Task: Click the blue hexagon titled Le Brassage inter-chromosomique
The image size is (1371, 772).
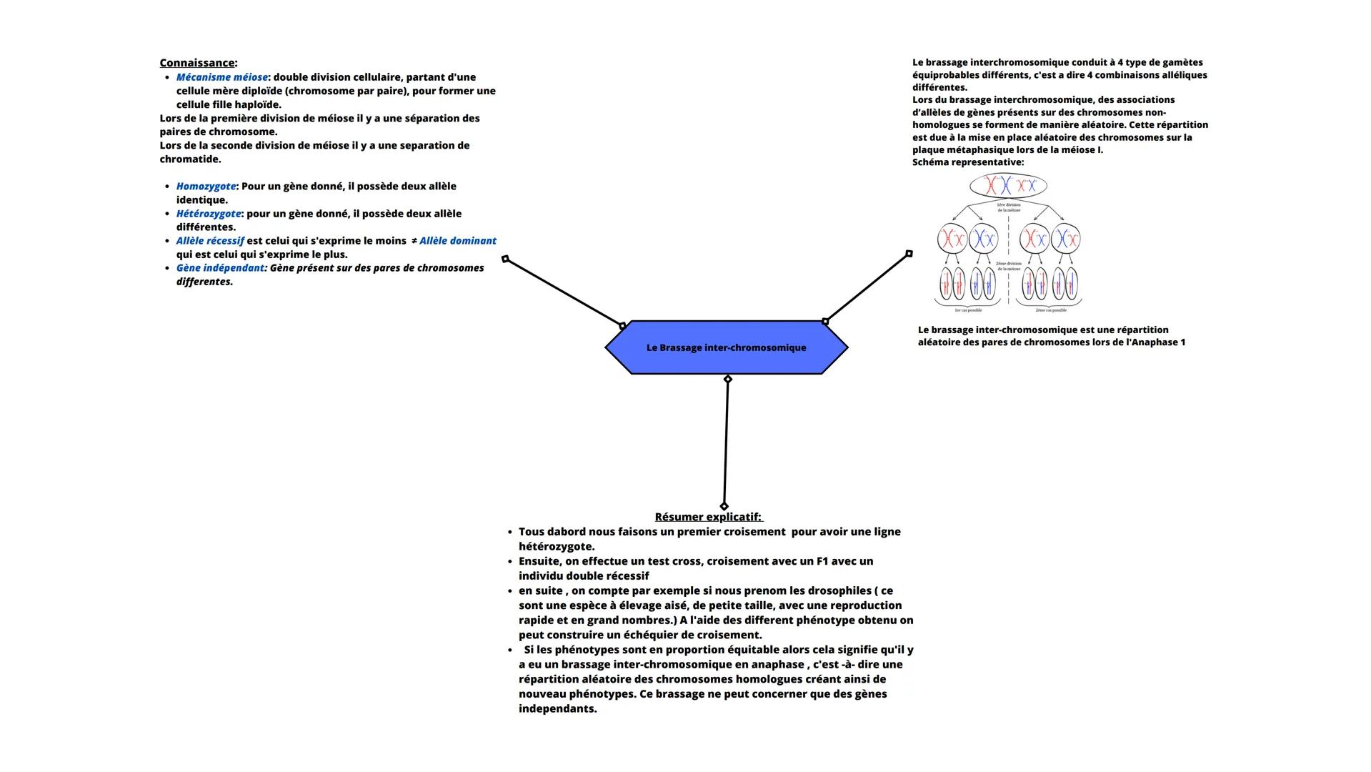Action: click(x=726, y=347)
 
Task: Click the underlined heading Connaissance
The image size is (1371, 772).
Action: click(x=197, y=63)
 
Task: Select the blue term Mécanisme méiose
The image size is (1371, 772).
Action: click(x=221, y=77)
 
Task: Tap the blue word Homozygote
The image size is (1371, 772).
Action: click(x=206, y=187)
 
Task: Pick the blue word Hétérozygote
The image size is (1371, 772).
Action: click(x=208, y=214)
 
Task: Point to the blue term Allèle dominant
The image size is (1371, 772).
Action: click(x=457, y=241)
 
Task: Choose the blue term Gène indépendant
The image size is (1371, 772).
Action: click(x=220, y=268)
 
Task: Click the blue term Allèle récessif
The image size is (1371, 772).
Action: click(x=209, y=241)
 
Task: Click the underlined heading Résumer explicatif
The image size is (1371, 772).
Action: click(x=708, y=517)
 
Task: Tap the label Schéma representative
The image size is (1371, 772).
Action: click(x=967, y=162)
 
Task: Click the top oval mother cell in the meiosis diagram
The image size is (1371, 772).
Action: click(x=1008, y=186)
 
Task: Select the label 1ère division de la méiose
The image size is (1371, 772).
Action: click(x=1009, y=207)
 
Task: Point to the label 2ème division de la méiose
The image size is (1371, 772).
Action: click(x=1009, y=266)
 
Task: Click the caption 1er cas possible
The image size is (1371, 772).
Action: click(x=968, y=310)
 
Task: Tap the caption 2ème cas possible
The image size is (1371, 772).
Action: click(x=1050, y=310)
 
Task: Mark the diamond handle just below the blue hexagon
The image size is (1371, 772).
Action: click(x=727, y=379)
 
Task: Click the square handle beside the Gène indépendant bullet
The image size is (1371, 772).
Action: click(x=505, y=259)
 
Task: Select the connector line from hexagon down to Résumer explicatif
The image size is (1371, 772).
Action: click(x=726, y=443)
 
